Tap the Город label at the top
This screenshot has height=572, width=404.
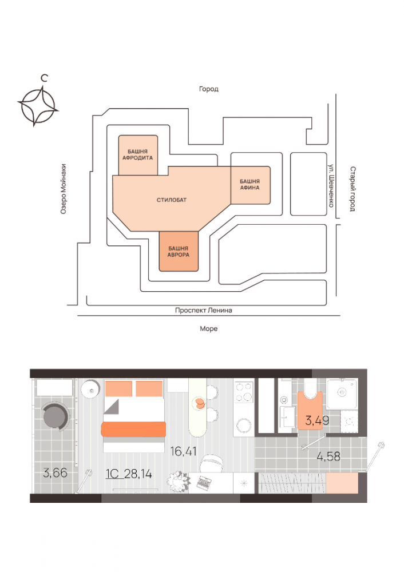209,89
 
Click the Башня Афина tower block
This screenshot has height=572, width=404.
250,185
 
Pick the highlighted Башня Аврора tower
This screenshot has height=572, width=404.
179,251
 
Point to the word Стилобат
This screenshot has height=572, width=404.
172,200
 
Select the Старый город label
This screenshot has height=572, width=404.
353,189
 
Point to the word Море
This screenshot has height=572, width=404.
209,329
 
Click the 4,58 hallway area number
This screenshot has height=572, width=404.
329,456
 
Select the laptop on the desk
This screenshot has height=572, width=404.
204,482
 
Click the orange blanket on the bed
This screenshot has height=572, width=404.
134,430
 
